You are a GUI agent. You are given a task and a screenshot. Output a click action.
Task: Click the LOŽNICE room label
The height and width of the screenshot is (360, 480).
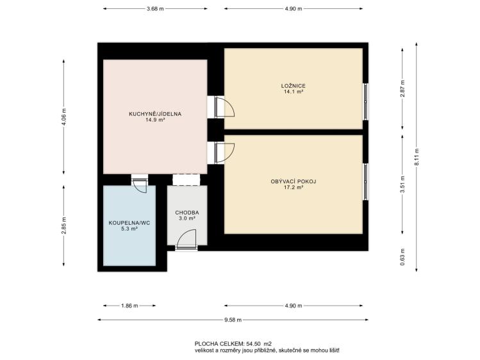pos(294,86)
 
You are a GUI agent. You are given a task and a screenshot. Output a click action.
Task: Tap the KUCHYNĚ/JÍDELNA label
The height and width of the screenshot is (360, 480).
pos(155,114)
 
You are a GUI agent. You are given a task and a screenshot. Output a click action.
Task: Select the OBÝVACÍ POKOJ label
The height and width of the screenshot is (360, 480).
pos(294,181)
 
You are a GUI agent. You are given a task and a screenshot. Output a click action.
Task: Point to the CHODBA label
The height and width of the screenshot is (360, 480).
pos(187,213)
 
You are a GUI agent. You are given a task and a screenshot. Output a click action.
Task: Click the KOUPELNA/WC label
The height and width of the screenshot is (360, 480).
pos(129,223)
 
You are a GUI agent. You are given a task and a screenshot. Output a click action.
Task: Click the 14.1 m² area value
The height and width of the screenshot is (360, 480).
pos(294,92)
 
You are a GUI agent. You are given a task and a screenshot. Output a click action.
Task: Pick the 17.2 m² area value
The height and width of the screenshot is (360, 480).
pos(294,187)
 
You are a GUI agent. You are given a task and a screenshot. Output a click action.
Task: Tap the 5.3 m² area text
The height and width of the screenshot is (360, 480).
pos(129,229)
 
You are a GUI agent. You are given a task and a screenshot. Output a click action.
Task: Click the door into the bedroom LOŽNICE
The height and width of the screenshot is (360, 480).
pos(224,107)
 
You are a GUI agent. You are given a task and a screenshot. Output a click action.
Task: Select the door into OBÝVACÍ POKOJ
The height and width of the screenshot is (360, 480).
pos(224,153)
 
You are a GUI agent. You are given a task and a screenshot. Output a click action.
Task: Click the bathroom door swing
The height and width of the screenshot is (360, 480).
pos(140,185)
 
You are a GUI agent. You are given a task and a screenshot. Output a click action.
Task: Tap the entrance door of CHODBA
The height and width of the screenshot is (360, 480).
pos(186,240)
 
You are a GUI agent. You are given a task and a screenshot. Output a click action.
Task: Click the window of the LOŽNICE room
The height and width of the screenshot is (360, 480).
pos(365,102)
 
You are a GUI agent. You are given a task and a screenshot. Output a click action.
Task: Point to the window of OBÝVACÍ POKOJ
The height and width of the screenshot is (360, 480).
pos(365,182)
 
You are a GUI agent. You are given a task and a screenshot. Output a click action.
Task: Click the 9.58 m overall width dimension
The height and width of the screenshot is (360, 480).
pos(233,320)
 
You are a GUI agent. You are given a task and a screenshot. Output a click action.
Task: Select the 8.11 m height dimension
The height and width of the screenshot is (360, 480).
pos(417,157)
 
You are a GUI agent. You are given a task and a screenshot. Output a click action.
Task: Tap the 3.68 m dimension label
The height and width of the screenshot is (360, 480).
pos(155,8)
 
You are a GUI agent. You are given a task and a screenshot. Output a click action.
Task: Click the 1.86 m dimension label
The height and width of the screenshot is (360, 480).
pos(129,306)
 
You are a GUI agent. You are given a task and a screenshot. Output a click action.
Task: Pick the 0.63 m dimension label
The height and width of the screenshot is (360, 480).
pos(402,257)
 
